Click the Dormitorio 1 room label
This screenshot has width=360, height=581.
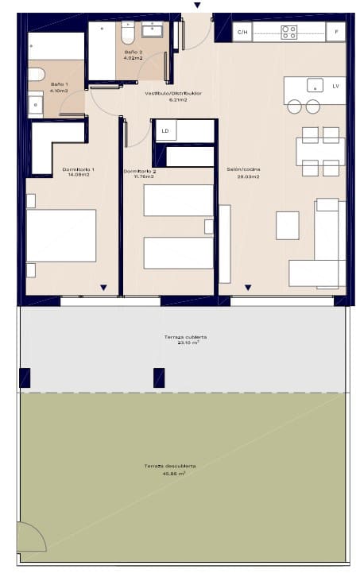click(78, 170)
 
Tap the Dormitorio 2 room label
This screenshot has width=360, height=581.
click(139, 172)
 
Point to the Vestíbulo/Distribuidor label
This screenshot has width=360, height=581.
click(172, 94)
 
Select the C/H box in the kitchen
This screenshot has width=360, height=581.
click(242, 33)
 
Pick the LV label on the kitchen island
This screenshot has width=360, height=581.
click(335, 85)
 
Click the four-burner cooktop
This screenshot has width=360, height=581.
click(289, 33)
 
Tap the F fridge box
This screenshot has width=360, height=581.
click(336, 33)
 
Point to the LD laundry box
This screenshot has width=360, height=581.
click(165, 130)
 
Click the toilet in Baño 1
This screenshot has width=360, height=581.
click(35, 75)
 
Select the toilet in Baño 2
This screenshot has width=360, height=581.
click(127, 33)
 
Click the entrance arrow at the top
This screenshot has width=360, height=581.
click(197, 6)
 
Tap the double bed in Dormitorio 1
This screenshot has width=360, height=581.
click(61, 235)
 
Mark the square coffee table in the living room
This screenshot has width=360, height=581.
click(287, 225)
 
